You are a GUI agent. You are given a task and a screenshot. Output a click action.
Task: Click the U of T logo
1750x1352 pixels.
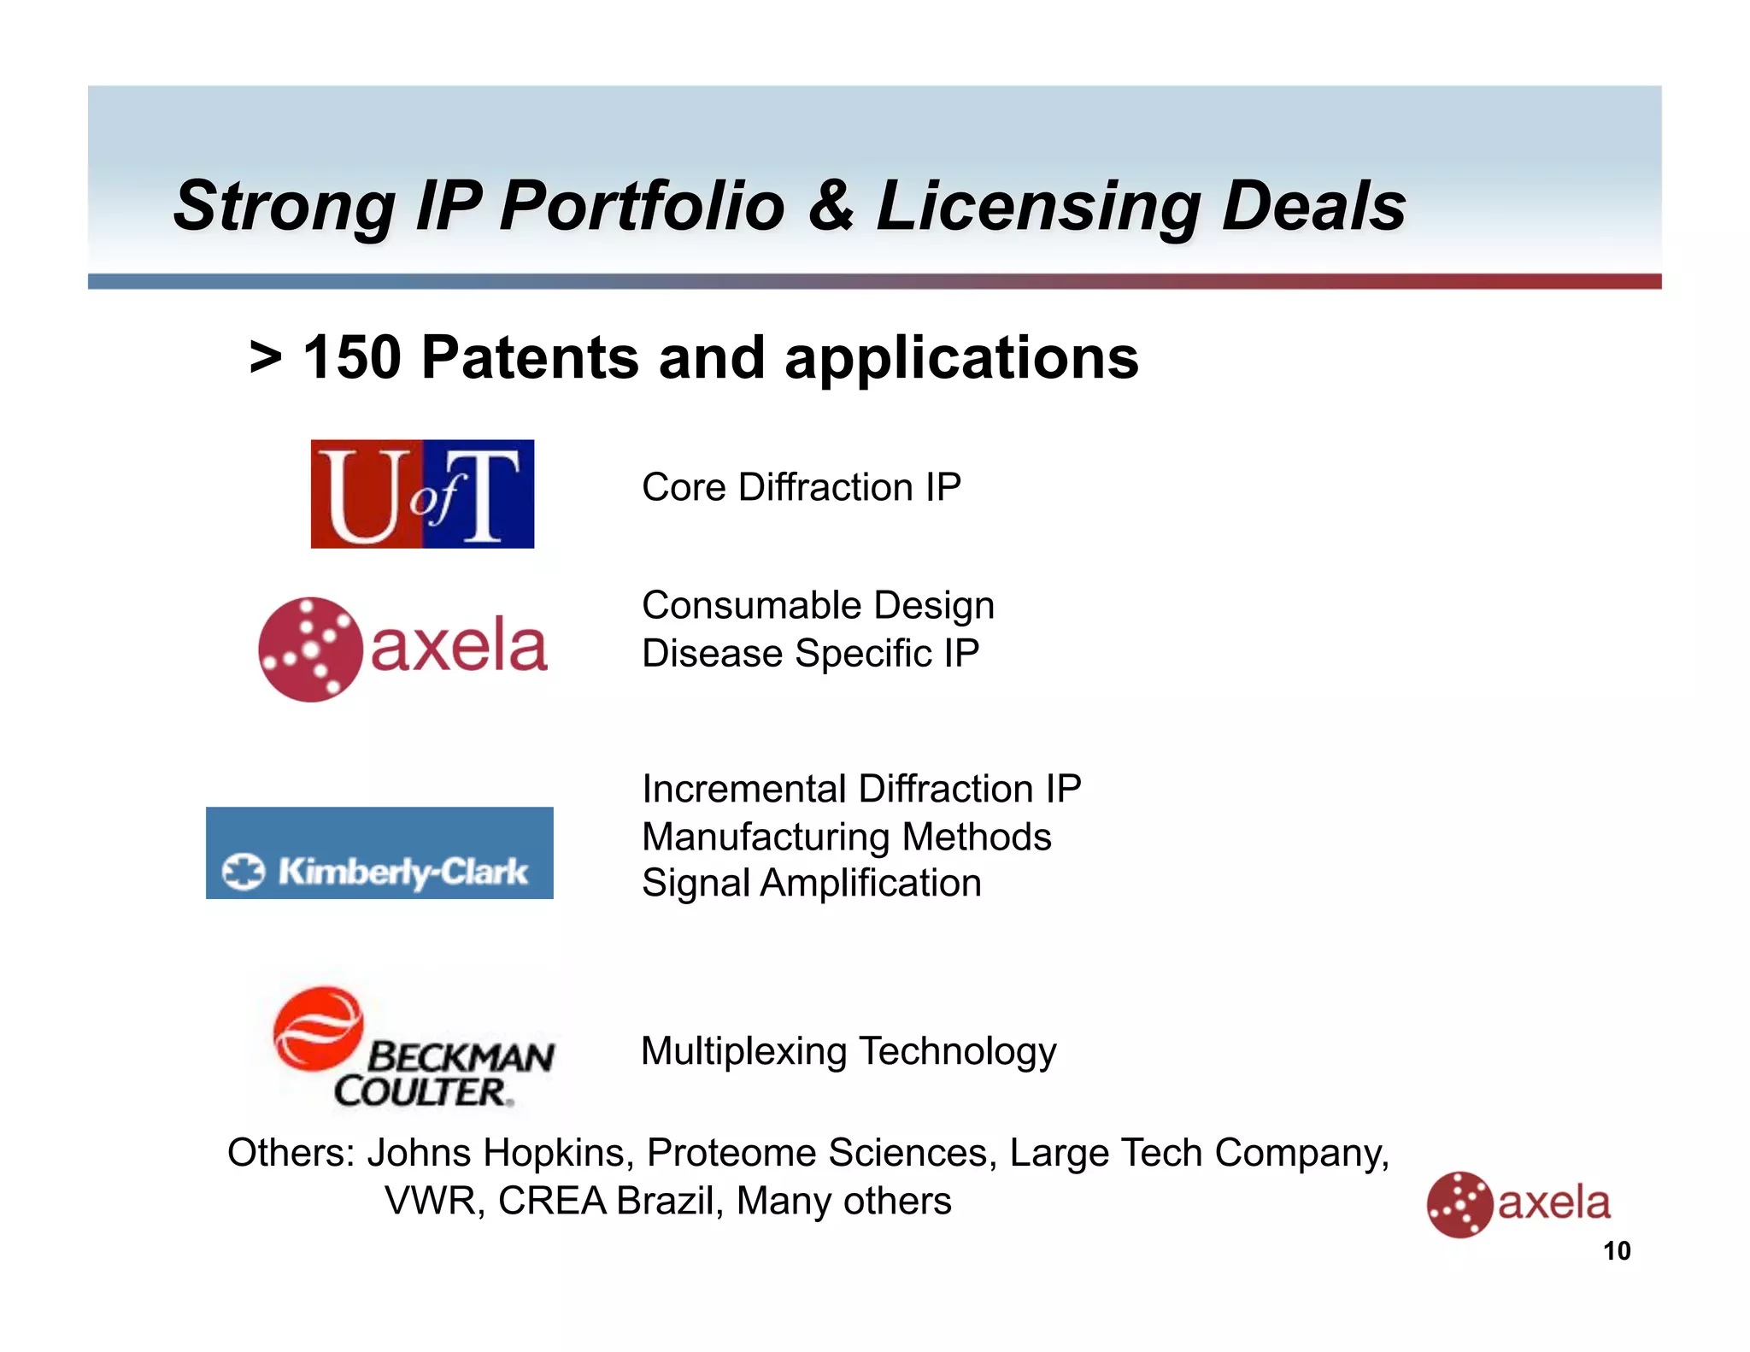tap(422, 494)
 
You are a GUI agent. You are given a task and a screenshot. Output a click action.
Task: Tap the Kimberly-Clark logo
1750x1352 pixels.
tap(379, 853)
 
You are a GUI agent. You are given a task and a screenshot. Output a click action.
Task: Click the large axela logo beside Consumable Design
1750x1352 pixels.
tap(402, 649)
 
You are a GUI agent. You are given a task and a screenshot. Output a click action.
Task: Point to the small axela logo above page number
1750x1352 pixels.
tap(1518, 1203)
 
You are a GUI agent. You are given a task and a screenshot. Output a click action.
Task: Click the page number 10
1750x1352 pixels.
tap(1616, 1251)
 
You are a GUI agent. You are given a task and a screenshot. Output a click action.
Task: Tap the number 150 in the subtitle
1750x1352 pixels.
tap(352, 357)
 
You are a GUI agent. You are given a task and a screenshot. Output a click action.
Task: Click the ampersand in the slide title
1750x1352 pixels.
tap(830, 206)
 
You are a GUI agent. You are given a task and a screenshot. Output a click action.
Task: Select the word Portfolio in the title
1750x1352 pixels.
tap(642, 206)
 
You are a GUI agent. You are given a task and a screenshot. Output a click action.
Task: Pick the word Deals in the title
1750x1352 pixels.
tap(1313, 206)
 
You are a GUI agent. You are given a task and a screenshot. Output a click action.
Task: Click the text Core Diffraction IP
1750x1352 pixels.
tap(801, 487)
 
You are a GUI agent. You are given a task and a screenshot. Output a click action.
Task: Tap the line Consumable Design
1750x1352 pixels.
tap(818, 605)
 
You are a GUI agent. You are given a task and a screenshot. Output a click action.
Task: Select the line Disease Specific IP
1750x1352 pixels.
tap(810, 654)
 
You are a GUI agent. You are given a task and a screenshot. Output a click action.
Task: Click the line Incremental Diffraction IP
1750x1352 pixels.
tap(861, 789)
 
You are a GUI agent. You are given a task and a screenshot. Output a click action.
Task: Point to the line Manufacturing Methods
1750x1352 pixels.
tap(846, 837)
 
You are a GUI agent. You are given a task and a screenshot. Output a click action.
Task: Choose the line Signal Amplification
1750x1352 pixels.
tap(811, 883)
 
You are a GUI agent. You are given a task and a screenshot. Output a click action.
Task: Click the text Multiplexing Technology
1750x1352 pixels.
tap(849, 1051)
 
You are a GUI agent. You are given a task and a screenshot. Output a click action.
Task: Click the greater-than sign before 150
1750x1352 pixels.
tap(266, 358)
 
